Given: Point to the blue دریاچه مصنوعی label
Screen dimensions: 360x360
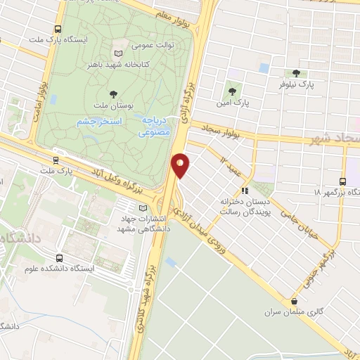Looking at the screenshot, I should (153, 125).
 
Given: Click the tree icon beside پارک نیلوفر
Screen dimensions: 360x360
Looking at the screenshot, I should (296, 73).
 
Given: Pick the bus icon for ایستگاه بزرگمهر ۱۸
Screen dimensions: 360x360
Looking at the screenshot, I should (342, 181).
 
